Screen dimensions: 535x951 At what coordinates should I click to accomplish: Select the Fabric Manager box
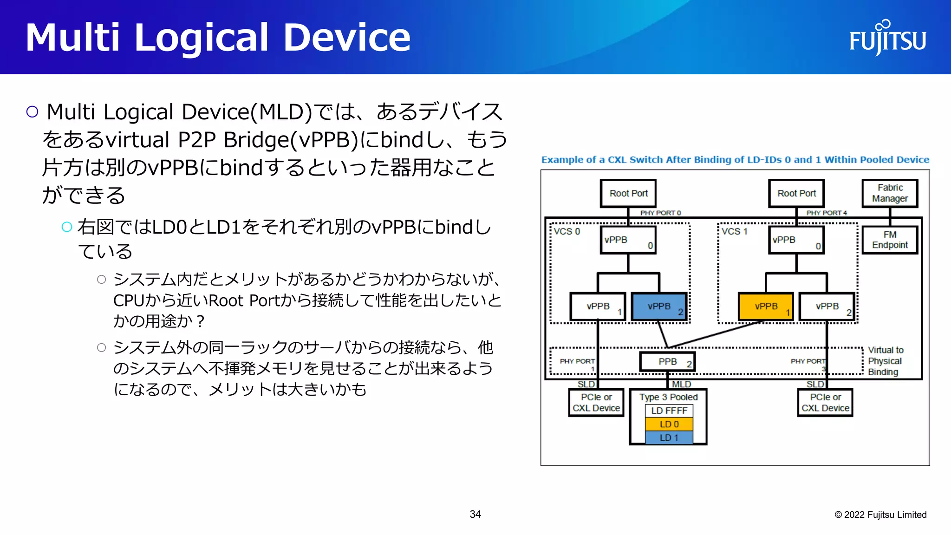890,193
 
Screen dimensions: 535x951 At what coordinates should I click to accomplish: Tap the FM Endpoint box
890,240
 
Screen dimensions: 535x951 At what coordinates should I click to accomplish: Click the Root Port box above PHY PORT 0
628,193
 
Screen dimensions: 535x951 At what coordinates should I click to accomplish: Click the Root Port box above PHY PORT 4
796,193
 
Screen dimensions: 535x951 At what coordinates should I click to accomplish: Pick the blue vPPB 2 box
659,307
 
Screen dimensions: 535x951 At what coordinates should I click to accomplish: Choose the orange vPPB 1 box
766,307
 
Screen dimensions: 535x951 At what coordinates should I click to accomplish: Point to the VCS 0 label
567,231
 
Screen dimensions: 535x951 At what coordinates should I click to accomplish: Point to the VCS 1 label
735,231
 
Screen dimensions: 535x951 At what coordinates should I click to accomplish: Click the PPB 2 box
668,362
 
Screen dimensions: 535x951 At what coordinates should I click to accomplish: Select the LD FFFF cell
669,411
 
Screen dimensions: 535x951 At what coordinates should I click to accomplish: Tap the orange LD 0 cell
669,424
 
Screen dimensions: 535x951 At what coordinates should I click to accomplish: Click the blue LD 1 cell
669,437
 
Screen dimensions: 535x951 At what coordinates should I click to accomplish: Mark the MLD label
681,384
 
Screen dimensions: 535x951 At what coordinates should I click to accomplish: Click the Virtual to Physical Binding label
886,361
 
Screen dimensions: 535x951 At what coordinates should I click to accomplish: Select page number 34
475,514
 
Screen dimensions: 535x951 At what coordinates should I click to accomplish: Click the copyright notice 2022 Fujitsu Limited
880,515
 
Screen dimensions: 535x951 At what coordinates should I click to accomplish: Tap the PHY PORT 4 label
827,213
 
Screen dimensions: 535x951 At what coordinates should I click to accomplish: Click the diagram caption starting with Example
735,160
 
